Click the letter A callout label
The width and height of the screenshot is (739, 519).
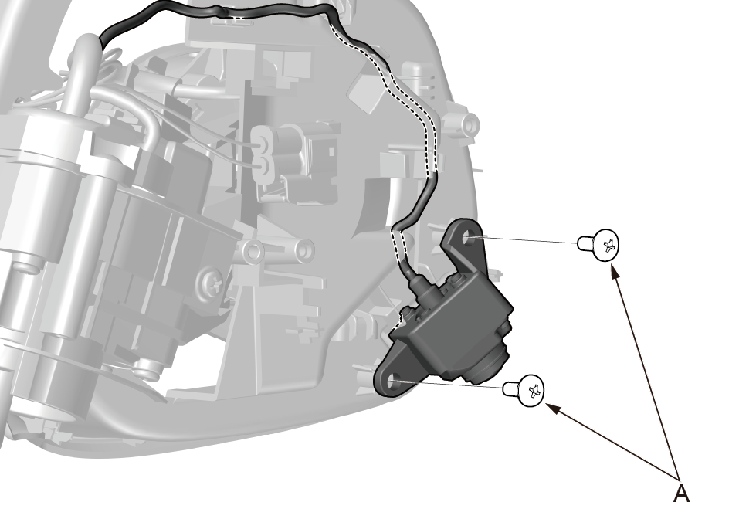[x=681, y=493]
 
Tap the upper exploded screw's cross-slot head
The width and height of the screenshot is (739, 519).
[x=606, y=245]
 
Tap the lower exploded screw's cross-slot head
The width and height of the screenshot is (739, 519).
[x=531, y=390]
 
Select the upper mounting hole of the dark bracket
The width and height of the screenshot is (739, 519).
[x=469, y=237]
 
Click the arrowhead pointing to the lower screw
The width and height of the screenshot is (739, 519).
[x=554, y=409]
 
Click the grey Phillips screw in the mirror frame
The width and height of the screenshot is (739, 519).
[x=212, y=284]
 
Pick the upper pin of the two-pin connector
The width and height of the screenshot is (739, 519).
[x=261, y=140]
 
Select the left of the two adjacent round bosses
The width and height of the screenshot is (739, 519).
[x=254, y=252]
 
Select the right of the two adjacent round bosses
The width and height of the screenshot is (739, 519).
[x=304, y=249]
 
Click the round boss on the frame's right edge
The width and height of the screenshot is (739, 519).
[x=468, y=124]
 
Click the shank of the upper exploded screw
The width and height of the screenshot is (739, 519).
[x=585, y=243]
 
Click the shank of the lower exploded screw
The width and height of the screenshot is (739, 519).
[x=510, y=389]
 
